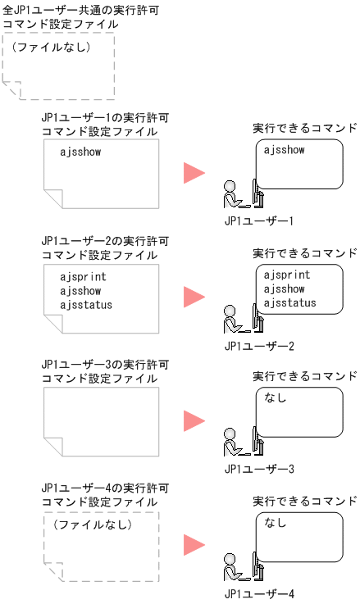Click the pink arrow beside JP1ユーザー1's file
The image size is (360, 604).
click(194, 172)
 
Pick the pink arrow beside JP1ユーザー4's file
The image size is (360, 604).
click(194, 544)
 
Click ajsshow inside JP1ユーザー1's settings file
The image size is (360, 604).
click(80, 152)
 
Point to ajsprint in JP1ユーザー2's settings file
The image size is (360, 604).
click(83, 277)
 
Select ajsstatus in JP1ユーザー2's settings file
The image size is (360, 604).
click(86, 305)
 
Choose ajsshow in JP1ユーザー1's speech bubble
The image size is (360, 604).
click(285, 151)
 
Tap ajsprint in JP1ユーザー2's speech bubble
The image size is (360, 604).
click(287, 275)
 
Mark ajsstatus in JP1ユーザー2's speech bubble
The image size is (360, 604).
click(290, 304)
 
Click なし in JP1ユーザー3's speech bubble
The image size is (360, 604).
click(276, 398)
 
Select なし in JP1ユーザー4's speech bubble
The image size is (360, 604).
click(276, 523)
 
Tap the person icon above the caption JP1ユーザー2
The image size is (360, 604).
click(233, 320)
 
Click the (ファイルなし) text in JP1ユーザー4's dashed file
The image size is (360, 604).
click(92, 523)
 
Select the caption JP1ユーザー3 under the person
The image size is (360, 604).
click(258, 470)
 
